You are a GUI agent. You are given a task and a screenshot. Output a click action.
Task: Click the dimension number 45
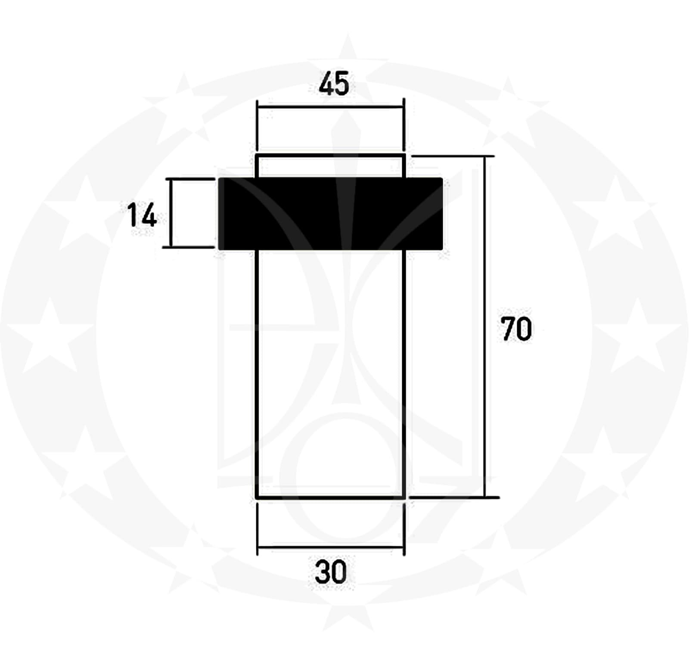[334, 84]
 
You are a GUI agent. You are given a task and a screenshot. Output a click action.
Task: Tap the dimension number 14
[142, 216]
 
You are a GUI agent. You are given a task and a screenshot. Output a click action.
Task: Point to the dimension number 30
[331, 572]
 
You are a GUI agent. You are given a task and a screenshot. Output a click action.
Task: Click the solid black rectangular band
[331, 214]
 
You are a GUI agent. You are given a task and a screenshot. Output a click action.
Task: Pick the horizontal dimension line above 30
[331, 548]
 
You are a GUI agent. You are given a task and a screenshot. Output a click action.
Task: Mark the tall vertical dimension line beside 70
[486, 327]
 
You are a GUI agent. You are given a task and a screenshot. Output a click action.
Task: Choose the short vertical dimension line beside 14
[171, 213]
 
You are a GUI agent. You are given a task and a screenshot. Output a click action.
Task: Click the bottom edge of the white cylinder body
[331, 498]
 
